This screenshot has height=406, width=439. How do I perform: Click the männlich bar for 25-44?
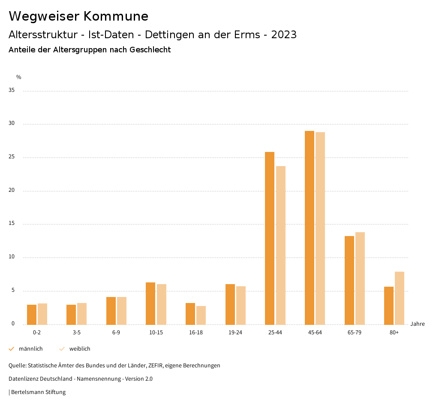click(270, 238)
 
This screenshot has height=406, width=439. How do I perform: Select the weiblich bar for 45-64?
click(320, 228)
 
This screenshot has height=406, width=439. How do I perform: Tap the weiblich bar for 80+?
click(400, 298)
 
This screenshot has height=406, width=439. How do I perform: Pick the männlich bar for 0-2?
click(32, 315)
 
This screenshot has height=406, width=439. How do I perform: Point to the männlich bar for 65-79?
click(349, 280)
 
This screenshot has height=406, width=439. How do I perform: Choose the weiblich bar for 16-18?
click(201, 315)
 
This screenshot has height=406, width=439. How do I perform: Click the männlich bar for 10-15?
click(150, 303)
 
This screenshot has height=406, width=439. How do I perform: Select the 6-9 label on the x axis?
click(116, 333)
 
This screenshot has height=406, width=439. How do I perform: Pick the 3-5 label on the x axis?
click(77, 333)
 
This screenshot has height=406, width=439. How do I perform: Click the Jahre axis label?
click(418, 324)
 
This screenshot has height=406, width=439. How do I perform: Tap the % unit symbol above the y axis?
click(19, 77)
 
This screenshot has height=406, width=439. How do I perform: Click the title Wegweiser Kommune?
click(78, 16)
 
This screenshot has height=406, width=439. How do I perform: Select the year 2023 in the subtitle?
click(284, 35)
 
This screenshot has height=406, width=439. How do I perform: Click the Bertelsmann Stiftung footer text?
click(38, 392)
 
